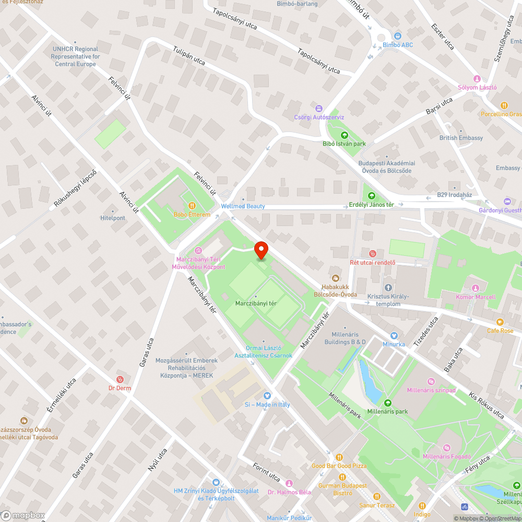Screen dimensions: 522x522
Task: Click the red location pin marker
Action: click(x=260, y=250)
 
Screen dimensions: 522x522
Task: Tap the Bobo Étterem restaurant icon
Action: click(x=192, y=206)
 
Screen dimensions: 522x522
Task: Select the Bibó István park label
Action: click(x=344, y=144)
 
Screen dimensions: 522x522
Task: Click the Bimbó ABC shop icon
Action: click(x=397, y=36)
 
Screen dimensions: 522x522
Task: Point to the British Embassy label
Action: click(x=461, y=138)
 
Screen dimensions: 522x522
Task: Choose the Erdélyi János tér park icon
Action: click(x=372, y=196)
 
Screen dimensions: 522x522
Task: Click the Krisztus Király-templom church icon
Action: click(x=388, y=288)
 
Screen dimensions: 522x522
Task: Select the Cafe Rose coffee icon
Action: click(x=500, y=322)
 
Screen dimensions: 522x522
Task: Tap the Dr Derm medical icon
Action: click(x=120, y=379)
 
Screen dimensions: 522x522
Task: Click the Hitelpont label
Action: click(x=113, y=218)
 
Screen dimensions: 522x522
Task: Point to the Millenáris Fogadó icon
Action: click(x=447, y=448)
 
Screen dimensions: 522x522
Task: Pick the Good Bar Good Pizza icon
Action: click(x=339, y=457)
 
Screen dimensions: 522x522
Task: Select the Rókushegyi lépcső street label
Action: click(x=76, y=189)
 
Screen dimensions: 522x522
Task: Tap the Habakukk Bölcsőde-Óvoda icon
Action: click(x=335, y=278)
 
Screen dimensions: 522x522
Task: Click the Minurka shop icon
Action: click(x=394, y=336)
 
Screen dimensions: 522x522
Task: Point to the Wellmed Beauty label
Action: click(x=243, y=206)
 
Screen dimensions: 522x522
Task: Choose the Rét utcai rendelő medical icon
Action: click(x=372, y=254)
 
